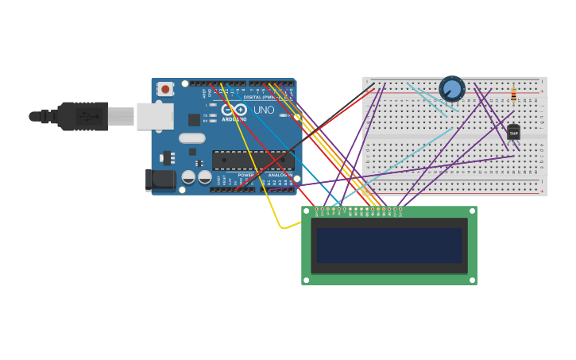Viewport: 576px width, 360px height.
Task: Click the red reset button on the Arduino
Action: pos(165,89)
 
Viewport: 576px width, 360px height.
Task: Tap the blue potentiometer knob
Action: pos(451,88)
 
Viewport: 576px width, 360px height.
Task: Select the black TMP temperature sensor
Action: pos(513,132)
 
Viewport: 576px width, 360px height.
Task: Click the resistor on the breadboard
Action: pos(513,95)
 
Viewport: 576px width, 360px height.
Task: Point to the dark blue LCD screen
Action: pos(389,246)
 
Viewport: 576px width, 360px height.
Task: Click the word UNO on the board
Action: pos(264,110)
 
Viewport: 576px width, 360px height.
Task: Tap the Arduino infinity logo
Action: pos(234,110)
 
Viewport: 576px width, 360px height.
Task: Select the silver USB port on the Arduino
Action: pos(155,116)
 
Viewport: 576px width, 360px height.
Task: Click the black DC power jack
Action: pos(160,180)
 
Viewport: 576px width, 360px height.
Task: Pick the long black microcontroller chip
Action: pos(252,160)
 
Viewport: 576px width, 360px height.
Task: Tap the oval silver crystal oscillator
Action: pos(192,138)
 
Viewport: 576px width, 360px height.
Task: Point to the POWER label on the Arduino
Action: pos(246,175)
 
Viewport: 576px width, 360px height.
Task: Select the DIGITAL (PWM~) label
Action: pos(260,97)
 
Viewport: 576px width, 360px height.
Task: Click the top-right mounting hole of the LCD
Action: pos(472,211)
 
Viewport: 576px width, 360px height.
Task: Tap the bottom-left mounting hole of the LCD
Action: pos(306,280)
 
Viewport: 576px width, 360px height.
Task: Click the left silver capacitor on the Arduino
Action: pos(189,176)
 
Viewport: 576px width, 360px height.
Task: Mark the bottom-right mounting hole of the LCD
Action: pos(472,280)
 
